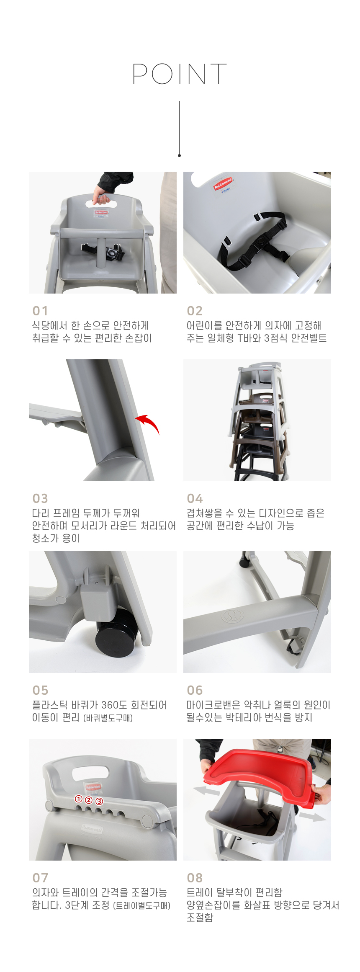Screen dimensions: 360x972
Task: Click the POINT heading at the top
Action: coord(180,74)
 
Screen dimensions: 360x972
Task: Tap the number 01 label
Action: coord(40,311)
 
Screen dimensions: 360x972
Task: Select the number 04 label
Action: coord(195,498)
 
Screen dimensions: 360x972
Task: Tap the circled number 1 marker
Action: coord(78,799)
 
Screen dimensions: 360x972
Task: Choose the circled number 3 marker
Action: coord(99,801)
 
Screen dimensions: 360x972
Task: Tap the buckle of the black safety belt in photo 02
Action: coord(262,240)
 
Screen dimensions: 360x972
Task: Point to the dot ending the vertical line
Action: coord(179,155)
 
